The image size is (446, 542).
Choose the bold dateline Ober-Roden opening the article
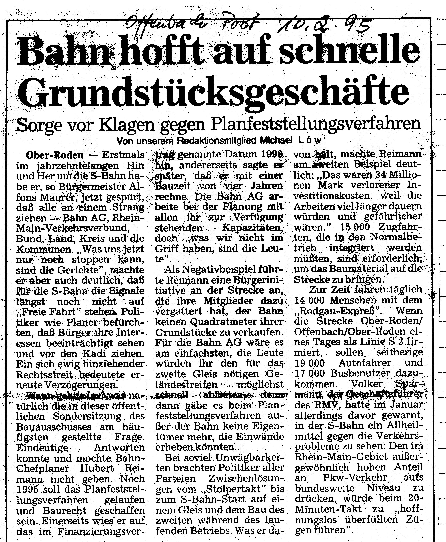(x=55, y=155)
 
